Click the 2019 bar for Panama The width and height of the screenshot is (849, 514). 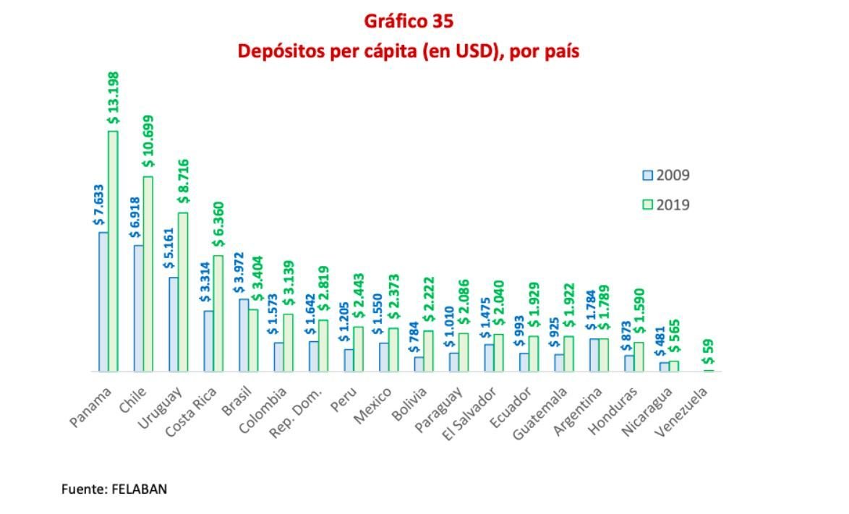(x=113, y=251)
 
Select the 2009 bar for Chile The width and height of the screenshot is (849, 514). (x=138, y=308)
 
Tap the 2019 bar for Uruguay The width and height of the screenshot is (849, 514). (x=183, y=291)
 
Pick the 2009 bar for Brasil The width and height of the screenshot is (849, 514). (x=244, y=335)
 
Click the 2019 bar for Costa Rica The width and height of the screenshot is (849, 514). (x=218, y=313)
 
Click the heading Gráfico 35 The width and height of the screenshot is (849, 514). (x=409, y=22)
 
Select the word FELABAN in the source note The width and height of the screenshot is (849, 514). (x=139, y=489)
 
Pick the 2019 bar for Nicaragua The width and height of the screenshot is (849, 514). (x=673, y=366)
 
